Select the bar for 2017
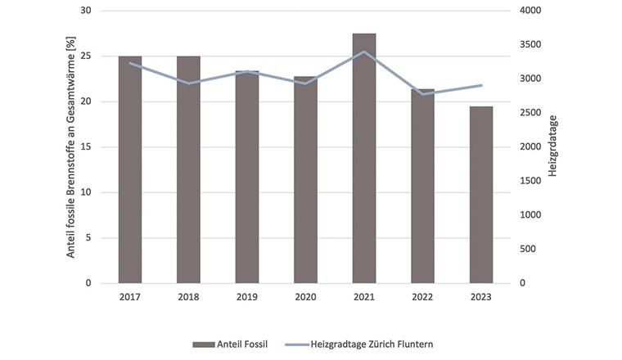point(129,170)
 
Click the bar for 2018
point(188,170)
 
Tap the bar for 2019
point(247,177)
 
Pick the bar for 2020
point(305,180)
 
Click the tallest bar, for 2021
point(364,159)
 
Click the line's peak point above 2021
point(364,52)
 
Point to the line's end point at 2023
point(481,85)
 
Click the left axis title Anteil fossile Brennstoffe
point(70,147)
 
